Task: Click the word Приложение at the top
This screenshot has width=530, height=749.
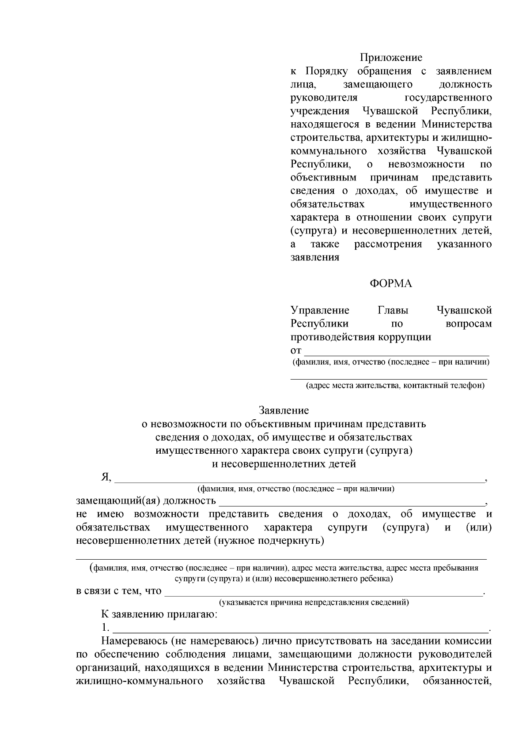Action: point(391,57)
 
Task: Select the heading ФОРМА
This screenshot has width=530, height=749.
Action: point(391,284)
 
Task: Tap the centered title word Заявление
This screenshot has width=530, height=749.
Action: point(284,410)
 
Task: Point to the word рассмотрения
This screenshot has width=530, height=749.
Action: point(388,244)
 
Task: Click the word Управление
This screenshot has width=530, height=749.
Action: point(320,310)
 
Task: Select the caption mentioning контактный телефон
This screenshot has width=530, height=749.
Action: point(396,386)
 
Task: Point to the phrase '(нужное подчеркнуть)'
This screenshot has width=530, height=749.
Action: point(269,541)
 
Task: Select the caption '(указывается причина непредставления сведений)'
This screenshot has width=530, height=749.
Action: point(314,602)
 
